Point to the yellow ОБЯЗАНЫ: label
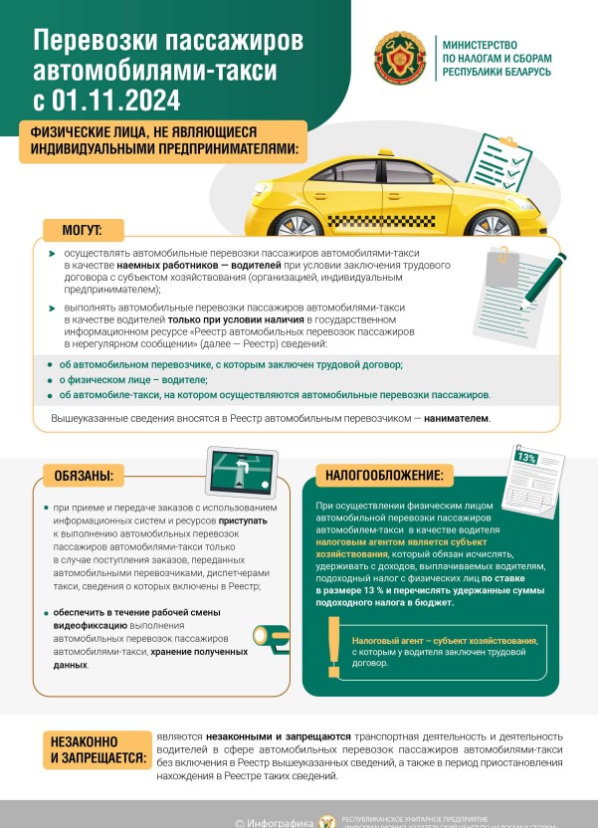click(84, 474)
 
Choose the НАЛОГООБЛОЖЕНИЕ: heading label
click(385, 474)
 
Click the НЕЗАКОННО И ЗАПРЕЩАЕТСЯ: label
click(89, 749)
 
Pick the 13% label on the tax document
click(526, 459)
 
